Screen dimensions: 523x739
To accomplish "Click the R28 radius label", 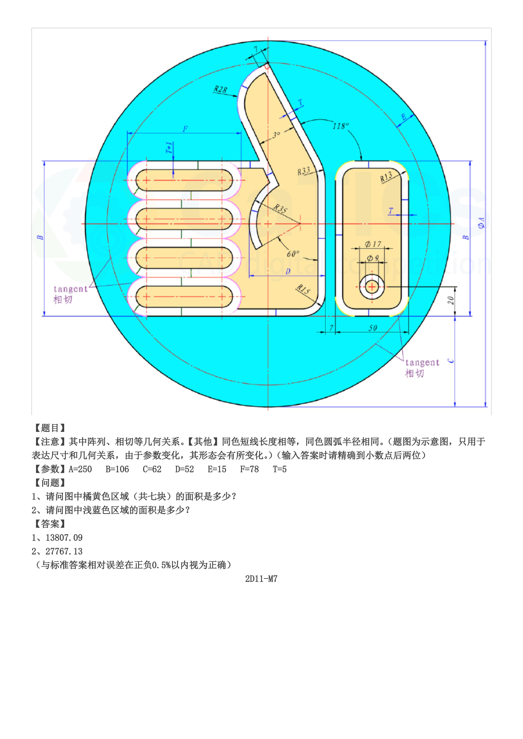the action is point(221,89).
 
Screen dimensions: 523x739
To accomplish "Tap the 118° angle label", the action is point(341,126).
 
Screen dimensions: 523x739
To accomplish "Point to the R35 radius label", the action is point(280,209).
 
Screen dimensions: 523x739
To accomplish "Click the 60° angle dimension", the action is point(293,254).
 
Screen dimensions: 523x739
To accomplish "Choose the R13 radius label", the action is point(386,176).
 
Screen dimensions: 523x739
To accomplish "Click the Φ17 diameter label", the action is point(373,244).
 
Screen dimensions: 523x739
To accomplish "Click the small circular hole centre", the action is point(372,286).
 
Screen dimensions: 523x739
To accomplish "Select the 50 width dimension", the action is point(373,328).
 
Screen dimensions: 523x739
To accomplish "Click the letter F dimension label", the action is point(185,129).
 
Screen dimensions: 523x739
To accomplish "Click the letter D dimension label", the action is point(288,271).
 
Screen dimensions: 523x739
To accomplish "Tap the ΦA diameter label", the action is point(481,223).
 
